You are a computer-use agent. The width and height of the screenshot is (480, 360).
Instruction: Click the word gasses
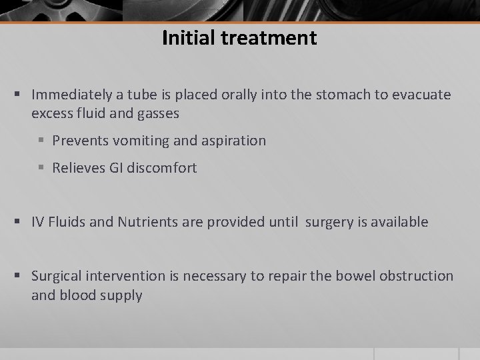point(156,113)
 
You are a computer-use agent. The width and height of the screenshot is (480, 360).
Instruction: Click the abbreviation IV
point(38,223)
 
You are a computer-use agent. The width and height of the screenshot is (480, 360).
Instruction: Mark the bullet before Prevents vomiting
point(43,141)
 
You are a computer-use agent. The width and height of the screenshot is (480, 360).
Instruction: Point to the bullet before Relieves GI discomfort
point(43,168)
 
